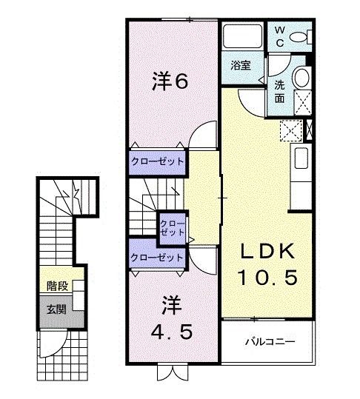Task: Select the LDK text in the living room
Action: click(x=268, y=252)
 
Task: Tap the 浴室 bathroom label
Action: click(x=239, y=64)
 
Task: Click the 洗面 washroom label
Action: click(x=279, y=90)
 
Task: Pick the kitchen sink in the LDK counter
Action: click(x=301, y=158)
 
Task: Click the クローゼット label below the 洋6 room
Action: click(x=157, y=161)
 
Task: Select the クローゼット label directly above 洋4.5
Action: click(x=156, y=257)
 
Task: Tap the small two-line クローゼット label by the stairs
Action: click(x=173, y=227)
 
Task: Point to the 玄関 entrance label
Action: click(x=56, y=308)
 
